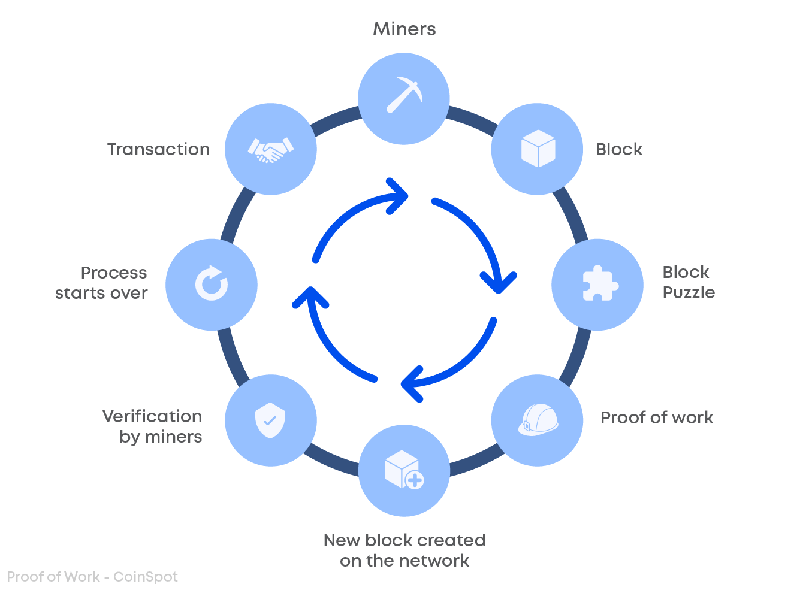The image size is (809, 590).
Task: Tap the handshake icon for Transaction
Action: (270, 150)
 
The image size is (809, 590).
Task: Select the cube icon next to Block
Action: (538, 149)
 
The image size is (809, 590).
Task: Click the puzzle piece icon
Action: (598, 284)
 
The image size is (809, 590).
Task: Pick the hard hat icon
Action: (538, 419)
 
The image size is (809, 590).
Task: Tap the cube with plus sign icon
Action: (404, 470)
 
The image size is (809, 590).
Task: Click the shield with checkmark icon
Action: (270, 419)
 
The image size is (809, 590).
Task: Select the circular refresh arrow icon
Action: (212, 283)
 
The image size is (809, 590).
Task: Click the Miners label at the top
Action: (404, 29)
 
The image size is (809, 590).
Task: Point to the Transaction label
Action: (158, 149)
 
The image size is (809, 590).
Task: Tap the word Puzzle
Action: (689, 293)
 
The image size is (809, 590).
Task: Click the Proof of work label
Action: (656, 417)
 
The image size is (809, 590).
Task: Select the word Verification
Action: (152, 416)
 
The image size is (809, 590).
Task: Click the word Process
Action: (114, 273)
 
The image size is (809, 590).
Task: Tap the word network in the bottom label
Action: (436, 561)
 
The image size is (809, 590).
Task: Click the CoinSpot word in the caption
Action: (146, 577)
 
